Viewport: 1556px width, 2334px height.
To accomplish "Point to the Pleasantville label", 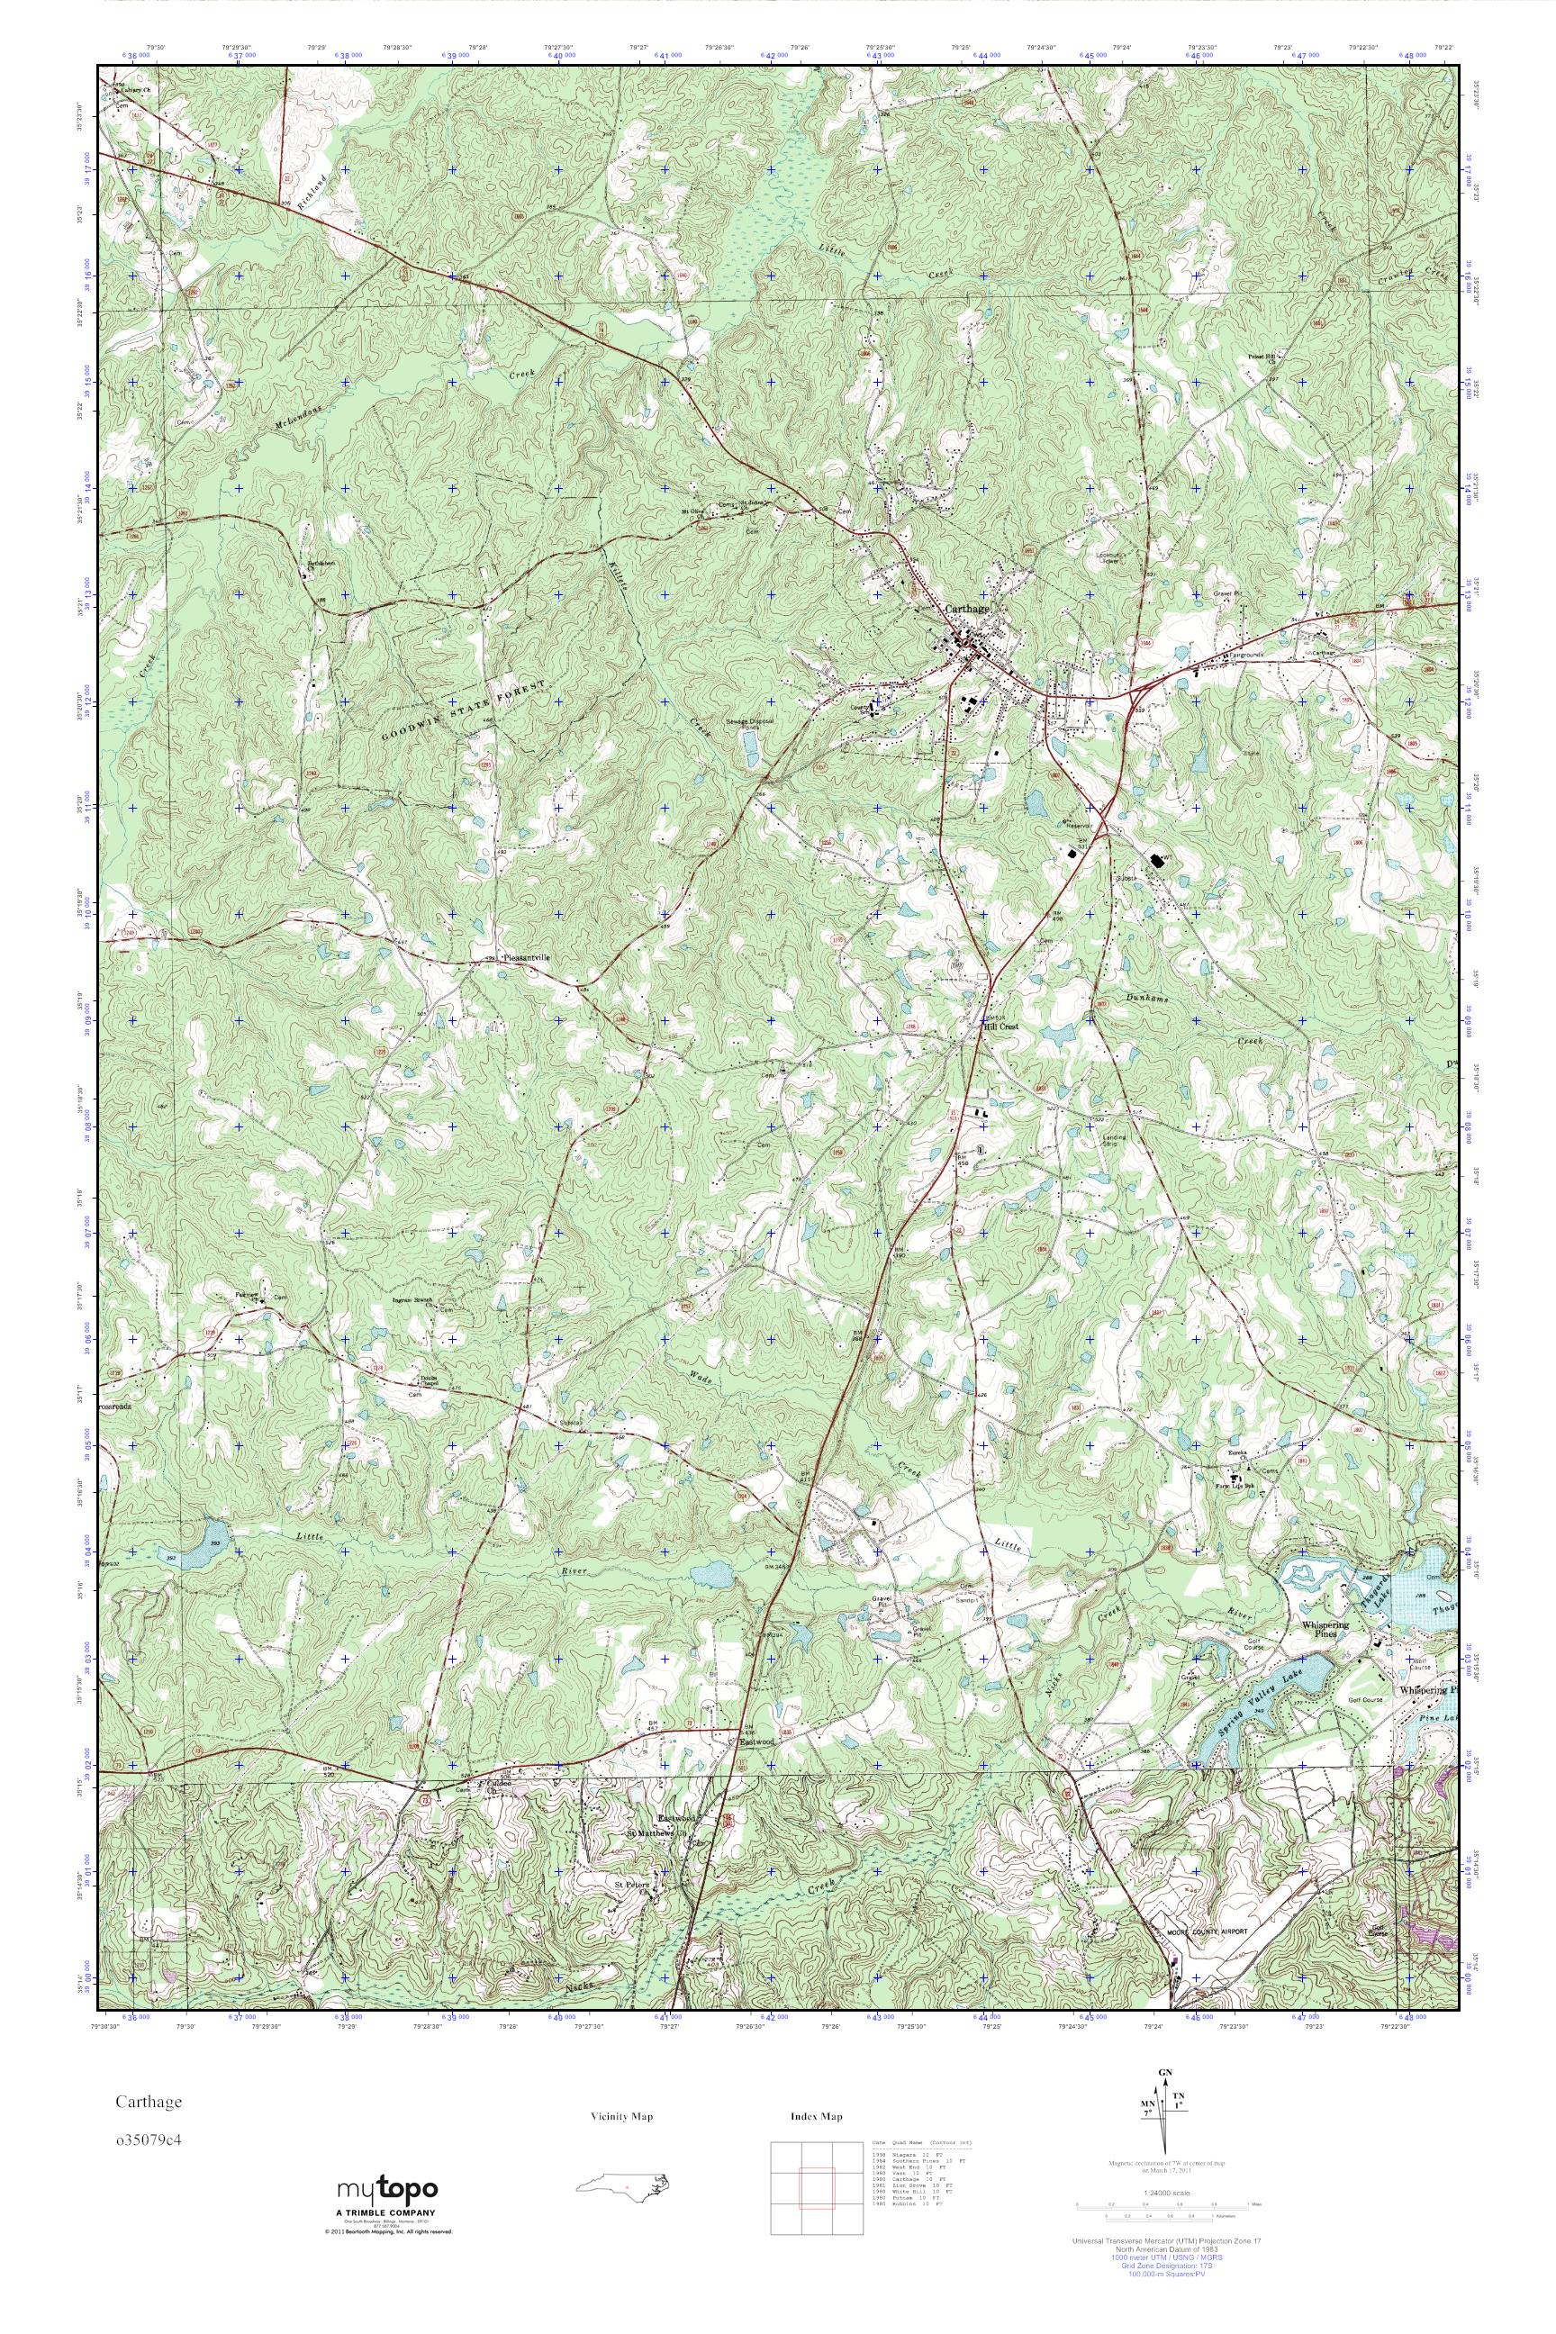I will pos(525,957).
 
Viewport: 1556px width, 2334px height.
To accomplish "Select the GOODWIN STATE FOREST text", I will pos(464,711).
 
